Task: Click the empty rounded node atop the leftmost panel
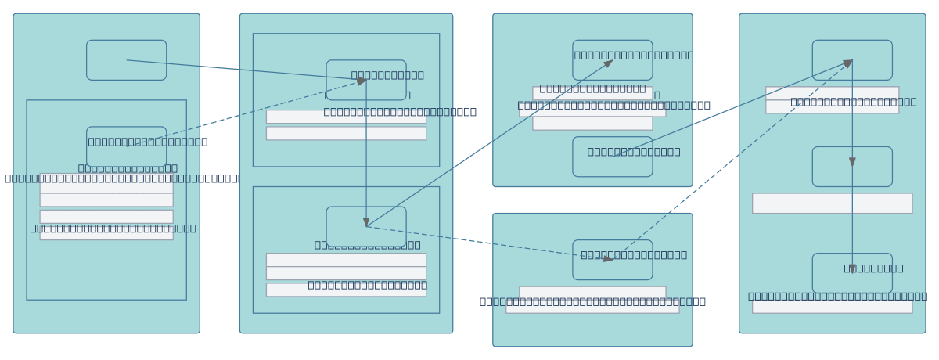point(126,60)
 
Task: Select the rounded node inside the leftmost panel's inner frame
point(126,146)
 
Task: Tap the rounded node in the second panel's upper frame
point(366,80)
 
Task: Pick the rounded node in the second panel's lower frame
point(366,226)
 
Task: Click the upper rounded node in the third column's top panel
point(612,60)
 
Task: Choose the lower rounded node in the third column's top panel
point(612,157)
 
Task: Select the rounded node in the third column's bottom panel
point(612,260)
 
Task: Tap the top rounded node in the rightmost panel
point(852,60)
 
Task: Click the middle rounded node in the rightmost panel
point(852,167)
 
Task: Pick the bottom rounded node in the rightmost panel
point(852,273)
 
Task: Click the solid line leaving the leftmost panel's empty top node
point(243,70)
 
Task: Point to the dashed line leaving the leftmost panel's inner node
point(243,113)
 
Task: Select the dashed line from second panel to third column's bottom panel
point(485,243)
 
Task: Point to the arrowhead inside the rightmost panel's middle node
point(852,162)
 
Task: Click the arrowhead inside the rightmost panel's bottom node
point(852,268)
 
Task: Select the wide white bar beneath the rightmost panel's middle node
point(832,203)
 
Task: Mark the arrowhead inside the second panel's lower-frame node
point(366,221)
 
